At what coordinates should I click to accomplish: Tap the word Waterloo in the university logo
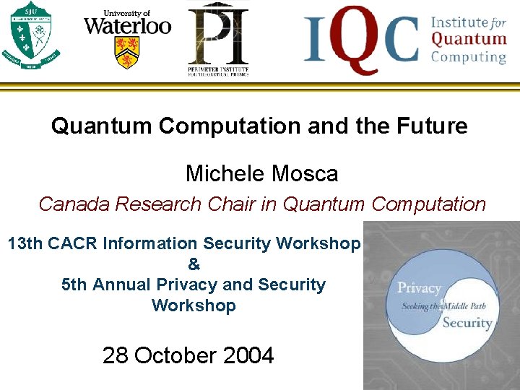127,27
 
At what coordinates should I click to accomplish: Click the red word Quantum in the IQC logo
469,39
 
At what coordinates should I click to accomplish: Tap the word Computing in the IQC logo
469,57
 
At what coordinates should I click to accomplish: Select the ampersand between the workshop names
194,264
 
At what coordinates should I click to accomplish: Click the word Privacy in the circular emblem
419,288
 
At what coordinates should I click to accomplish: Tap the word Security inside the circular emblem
467,322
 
